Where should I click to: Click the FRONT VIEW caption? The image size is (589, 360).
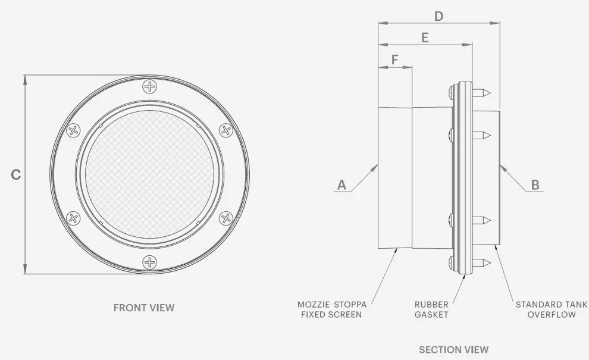pos(144,308)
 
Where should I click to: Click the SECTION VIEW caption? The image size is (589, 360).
pos(453,349)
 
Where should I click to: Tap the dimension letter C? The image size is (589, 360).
pos(16,175)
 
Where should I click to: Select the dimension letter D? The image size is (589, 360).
pos(438,16)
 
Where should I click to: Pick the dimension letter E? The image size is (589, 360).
pos(425,37)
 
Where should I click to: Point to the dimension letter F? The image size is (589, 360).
pos(394,60)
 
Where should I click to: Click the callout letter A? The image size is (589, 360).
pos(342,185)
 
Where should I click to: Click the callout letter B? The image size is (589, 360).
pos(535,185)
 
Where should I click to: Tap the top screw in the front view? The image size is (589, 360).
pos(149,87)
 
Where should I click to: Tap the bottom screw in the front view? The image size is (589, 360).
pos(149,261)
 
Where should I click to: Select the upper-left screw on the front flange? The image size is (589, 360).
pos(73,130)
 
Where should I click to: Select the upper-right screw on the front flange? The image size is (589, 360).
pos(225,130)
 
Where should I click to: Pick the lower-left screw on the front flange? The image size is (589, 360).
pos(73,218)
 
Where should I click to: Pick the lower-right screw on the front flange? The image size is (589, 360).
pos(225,218)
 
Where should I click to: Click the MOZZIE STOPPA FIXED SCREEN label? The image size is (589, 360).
pos(331,309)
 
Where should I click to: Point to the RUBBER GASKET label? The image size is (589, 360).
pos(431,309)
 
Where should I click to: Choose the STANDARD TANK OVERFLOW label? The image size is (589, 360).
pos(551,309)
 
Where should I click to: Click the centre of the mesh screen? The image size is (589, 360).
pos(149,174)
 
